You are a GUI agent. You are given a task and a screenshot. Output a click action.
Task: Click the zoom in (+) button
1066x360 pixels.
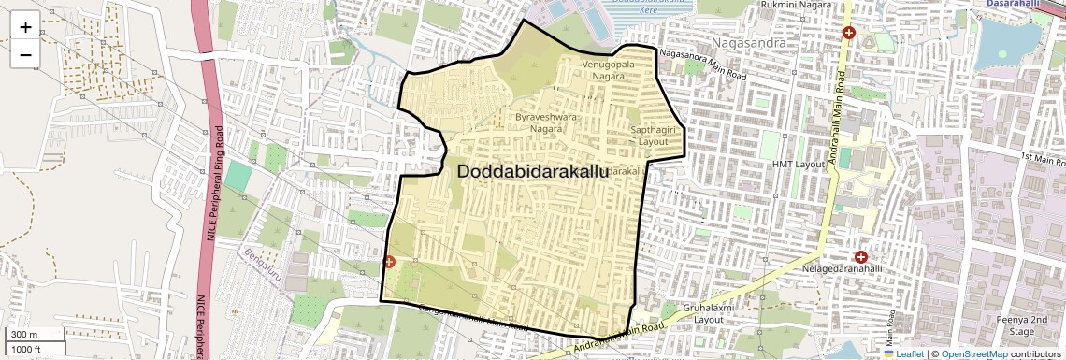(x=25, y=27)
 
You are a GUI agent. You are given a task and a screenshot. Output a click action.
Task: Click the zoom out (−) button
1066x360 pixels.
(x=25, y=55)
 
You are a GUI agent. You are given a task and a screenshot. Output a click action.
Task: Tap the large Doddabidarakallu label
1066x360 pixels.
(x=532, y=172)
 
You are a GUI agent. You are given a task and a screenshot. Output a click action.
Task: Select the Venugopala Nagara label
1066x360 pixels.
(x=609, y=69)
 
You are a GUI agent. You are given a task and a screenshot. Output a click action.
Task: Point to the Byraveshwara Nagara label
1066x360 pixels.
(x=546, y=123)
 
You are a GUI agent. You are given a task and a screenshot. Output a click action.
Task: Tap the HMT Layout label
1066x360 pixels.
(x=799, y=165)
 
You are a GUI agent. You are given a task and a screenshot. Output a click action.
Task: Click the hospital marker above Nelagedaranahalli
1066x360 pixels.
(x=860, y=256)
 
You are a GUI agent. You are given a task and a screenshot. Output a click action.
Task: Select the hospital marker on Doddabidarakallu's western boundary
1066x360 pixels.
(x=389, y=263)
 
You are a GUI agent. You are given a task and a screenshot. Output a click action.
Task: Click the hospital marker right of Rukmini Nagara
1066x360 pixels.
(x=849, y=33)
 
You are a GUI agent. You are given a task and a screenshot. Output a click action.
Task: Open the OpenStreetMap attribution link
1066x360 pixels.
(x=975, y=353)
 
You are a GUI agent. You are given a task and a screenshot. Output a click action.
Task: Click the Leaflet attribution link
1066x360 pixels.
(x=905, y=353)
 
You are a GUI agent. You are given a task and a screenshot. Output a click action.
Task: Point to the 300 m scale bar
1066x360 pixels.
(x=34, y=335)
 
